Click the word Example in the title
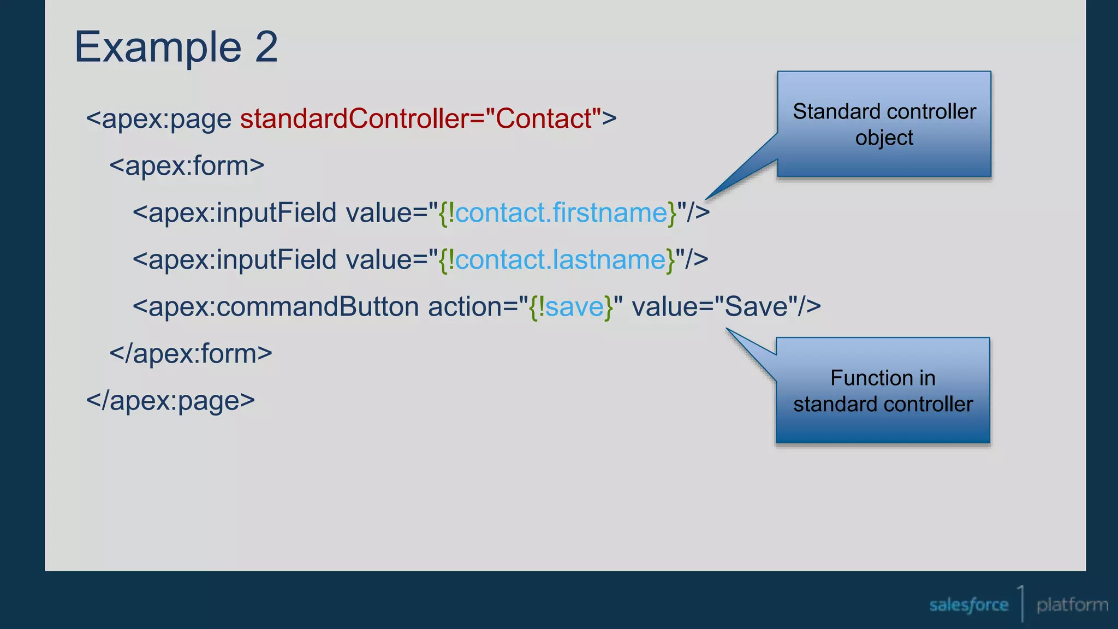click(158, 48)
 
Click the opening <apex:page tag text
click(159, 119)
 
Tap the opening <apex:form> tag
click(187, 166)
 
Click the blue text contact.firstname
click(561, 212)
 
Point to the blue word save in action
click(574, 306)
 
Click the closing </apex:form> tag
click(191, 353)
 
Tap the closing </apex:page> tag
click(170, 400)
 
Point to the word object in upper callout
click(884, 138)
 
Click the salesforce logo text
click(968, 605)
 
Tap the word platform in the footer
click(1072, 605)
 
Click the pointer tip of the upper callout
click(707, 199)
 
